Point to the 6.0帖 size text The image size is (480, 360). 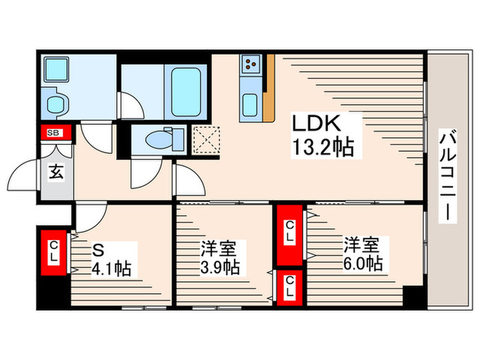pyautogui.click(x=363, y=264)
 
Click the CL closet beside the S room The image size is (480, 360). pyautogui.click(x=53, y=252)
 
